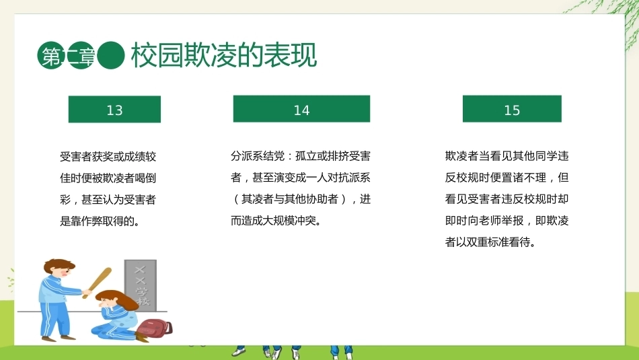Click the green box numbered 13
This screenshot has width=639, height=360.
click(114, 109)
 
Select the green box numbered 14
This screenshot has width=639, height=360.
click(301, 109)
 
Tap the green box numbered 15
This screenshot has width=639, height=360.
click(512, 109)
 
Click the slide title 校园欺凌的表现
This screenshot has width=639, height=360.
click(224, 55)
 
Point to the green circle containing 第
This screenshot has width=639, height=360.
click(51, 55)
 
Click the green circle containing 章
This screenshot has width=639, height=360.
click(81, 55)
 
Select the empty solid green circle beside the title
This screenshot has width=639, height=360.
click(111, 55)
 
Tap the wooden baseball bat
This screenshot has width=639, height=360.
click(97, 282)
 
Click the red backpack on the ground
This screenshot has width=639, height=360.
click(154, 328)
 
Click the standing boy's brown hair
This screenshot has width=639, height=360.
click(59, 265)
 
